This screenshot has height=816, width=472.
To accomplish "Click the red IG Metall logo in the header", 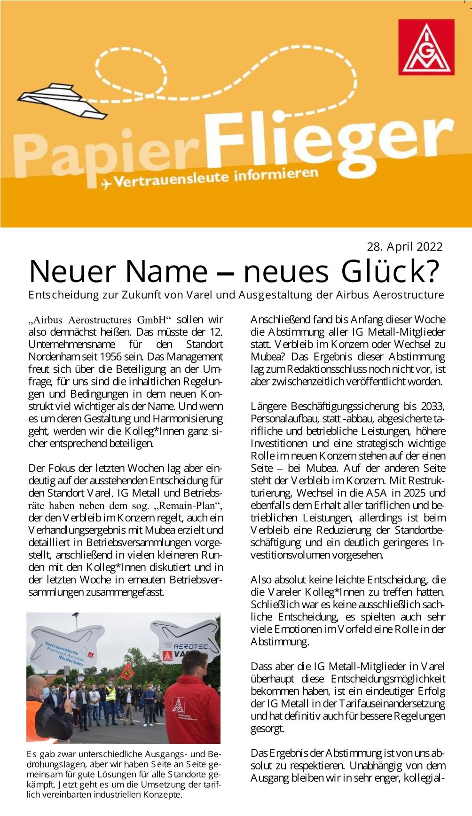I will [x=426, y=47].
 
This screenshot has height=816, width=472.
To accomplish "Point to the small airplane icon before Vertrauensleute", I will [x=106, y=184].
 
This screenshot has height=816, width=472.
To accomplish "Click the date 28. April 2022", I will [x=404, y=247].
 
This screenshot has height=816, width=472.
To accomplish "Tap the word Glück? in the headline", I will [x=390, y=272].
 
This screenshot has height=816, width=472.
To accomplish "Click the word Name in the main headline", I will [x=165, y=272].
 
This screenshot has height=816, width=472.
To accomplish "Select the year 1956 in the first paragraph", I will [x=111, y=357].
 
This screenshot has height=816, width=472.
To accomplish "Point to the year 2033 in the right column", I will [x=433, y=406].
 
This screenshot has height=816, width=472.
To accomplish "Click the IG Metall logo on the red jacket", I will [x=178, y=705].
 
